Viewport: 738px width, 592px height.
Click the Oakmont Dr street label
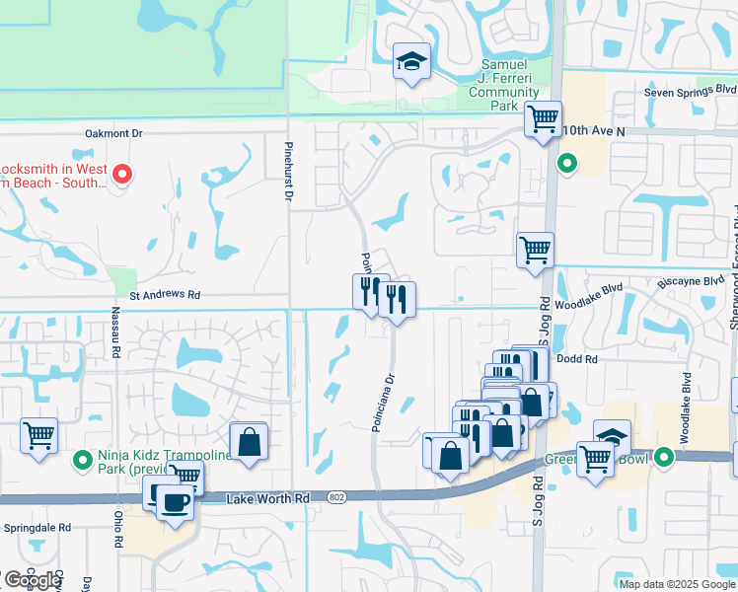click(114, 133)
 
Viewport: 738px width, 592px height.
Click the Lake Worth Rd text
click(267, 499)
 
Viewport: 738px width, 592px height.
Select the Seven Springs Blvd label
click(690, 93)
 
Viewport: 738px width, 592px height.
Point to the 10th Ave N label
click(593, 130)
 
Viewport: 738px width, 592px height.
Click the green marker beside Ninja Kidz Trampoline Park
click(83, 458)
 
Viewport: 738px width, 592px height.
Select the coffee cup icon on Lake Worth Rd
click(176, 501)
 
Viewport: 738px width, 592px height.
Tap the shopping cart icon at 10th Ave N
click(542, 119)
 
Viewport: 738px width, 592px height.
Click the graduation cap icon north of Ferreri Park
click(408, 62)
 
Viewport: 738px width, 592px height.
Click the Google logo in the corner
click(32, 580)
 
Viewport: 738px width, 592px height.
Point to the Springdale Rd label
click(37, 528)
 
